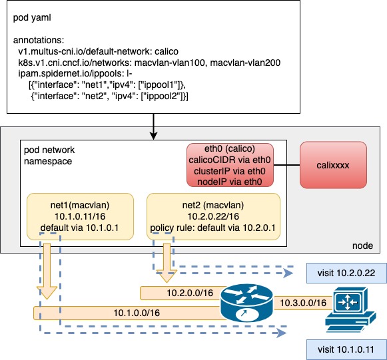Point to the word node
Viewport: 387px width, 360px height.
(366, 246)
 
